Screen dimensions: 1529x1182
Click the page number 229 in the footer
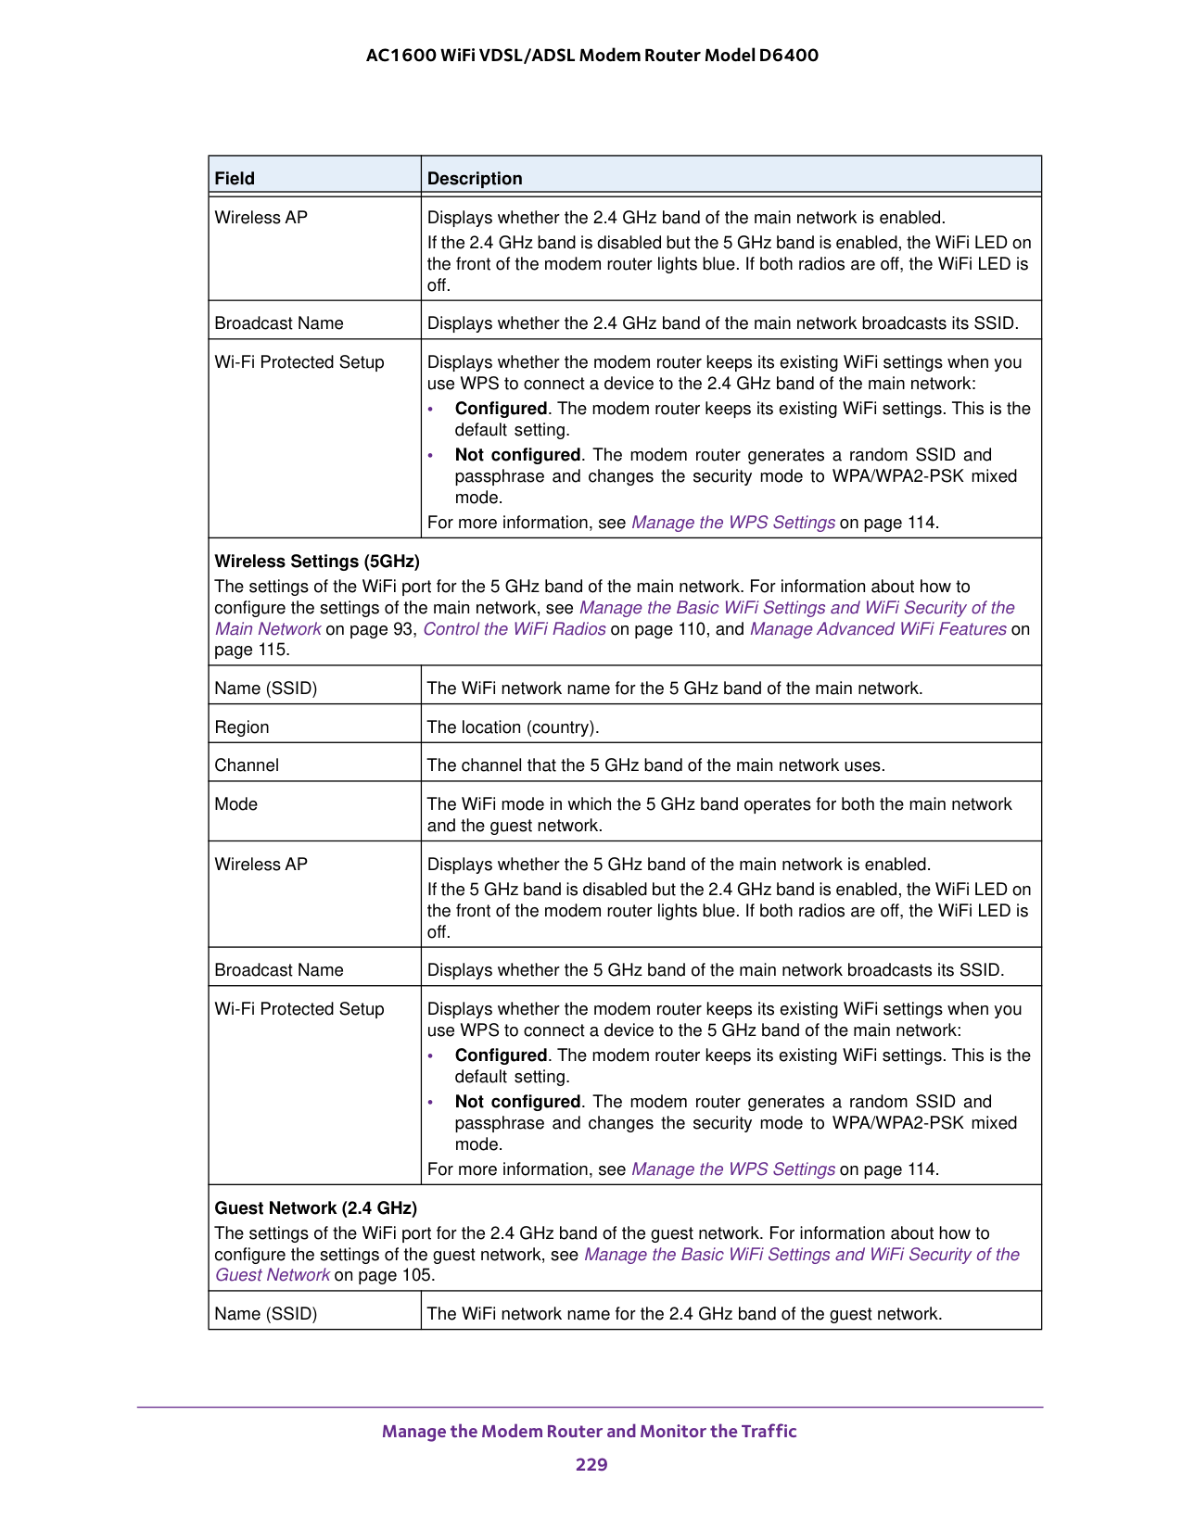pyautogui.click(x=591, y=1464)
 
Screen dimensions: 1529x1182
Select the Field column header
pyautogui.click(x=235, y=178)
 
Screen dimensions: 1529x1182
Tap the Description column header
pyautogui.click(x=475, y=178)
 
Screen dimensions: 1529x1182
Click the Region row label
pyautogui.click(x=242, y=727)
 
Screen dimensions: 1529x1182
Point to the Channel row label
pyautogui.click(x=247, y=765)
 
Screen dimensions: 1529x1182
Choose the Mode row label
pyautogui.click(x=236, y=804)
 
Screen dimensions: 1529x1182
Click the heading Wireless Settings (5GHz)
pyautogui.click(x=317, y=562)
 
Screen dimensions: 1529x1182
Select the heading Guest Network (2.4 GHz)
pyautogui.click(x=316, y=1208)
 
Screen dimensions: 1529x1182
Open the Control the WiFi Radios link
pyautogui.click(x=515, y=629)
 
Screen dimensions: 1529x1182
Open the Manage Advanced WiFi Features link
pyautogui.click(x=878, y=629)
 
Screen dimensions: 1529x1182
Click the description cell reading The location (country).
pyautogui.click(x=513, y=727)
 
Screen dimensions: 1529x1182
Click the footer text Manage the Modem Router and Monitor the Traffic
pyautogui.click(x=590, y=1431)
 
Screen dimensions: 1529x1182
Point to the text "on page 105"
pyautogui.click(x=384, y=1275)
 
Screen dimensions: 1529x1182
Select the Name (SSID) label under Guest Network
pyautogui.click(x=266, y=1314)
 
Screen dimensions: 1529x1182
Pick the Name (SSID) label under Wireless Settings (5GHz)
pyautogui.click(x=266, y=689)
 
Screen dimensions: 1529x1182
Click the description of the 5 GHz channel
pyautogui.click(x=655, y=765)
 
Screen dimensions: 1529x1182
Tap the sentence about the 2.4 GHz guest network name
pyautogui.click(x=684, y=1314)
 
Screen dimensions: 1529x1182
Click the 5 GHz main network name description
pyautogui.click(x=674, y=689)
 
